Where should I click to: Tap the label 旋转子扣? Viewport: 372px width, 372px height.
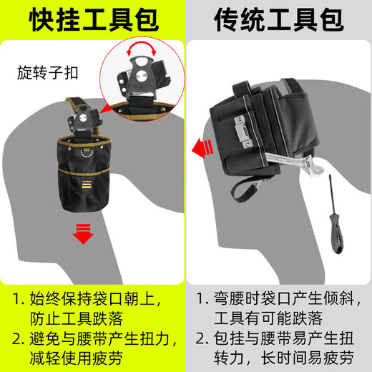tap(46, 72)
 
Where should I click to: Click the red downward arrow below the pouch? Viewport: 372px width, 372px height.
tap(84, 233)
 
